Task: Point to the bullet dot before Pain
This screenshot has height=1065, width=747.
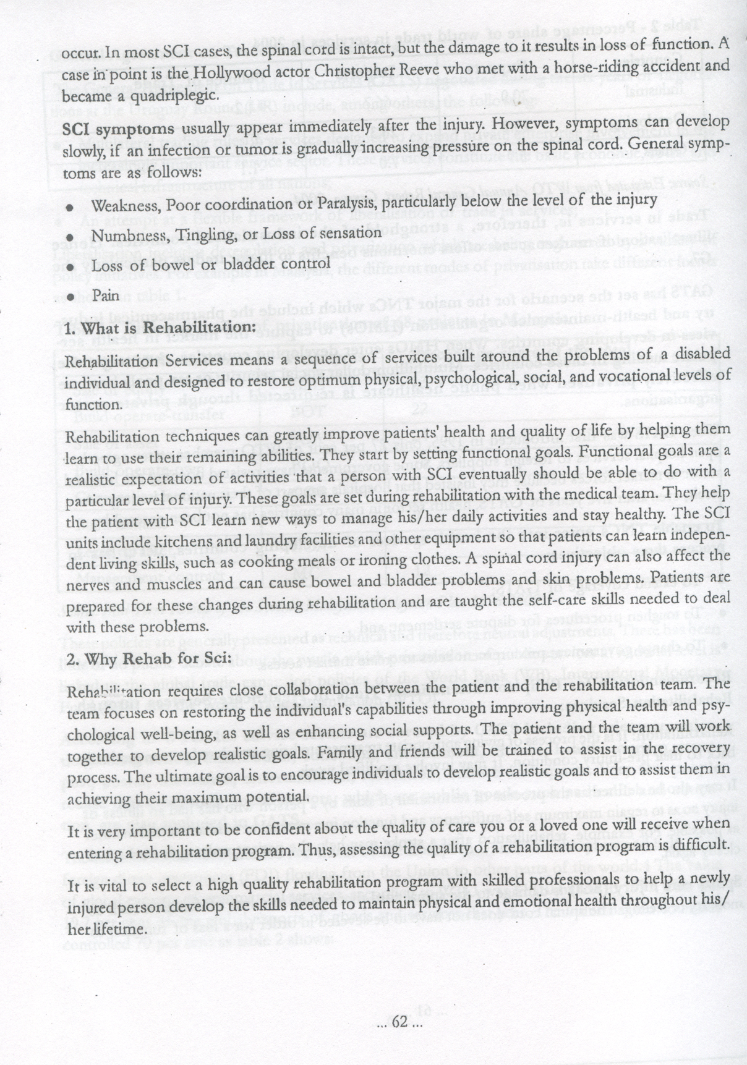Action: pos(72,297)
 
